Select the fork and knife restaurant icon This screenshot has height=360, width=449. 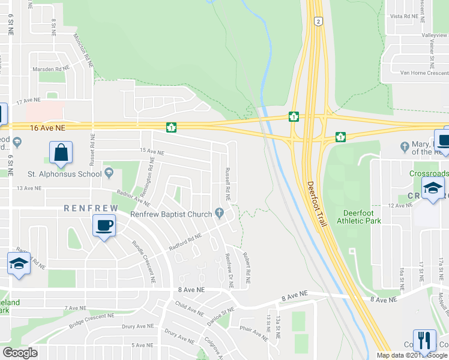(424, 340)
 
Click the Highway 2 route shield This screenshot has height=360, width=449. (318, 21)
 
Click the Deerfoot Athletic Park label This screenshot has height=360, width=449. (363, 217)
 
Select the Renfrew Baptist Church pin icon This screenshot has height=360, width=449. (220, 214)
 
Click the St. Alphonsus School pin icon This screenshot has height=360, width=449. (109, 174)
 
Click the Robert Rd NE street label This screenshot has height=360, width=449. (247, 268)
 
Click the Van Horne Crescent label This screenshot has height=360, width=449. (424, 73)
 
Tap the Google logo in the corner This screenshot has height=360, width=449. (20, 353)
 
